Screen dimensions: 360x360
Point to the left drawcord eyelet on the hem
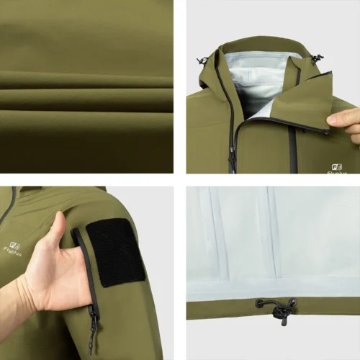pyautogui.click(x=258, y=303)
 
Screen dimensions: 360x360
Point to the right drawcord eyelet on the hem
pyautogui.click(x=294, y=302)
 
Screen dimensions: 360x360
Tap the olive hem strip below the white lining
pyautogui.click(x=216, y=310)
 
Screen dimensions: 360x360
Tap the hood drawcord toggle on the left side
pyautogui.click(x=203, y=60)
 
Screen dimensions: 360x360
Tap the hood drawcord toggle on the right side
pyautogui.click(x=317, y=58)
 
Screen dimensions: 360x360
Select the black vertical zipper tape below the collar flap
pyautogui.click(x=292, y=151)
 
